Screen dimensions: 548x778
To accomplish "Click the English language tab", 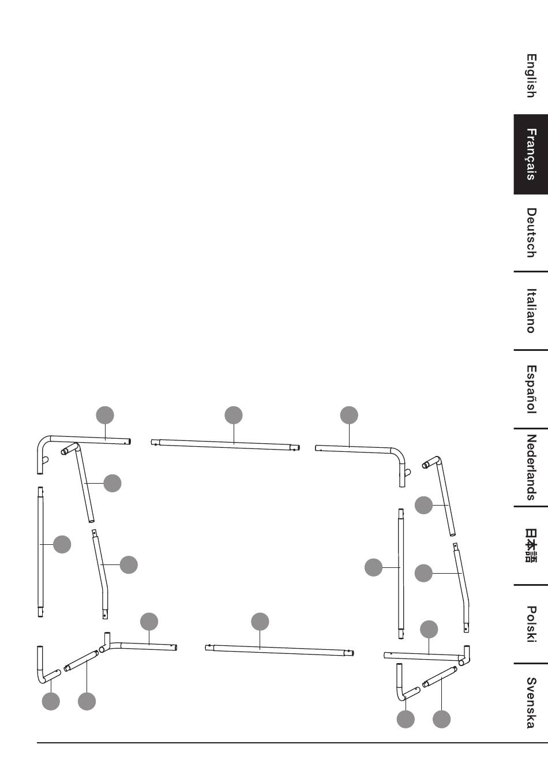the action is pos(531,76).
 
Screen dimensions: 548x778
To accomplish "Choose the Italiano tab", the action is pos(531,311).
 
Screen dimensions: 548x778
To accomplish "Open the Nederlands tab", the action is pos(531,467).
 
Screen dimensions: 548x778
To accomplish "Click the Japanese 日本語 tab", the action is pos(531,545).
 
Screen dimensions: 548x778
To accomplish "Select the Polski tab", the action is pos(531,623).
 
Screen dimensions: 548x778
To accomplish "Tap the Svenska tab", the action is pos(531,702).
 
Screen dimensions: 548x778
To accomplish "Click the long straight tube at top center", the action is pos(225,444).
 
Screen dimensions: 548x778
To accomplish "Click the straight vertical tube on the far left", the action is pos(40,552).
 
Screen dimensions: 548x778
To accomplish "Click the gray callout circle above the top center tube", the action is pos(234,415).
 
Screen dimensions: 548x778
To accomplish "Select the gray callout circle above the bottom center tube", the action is pos(260,622).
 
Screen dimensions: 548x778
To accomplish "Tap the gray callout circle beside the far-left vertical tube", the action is pos(62,544).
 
